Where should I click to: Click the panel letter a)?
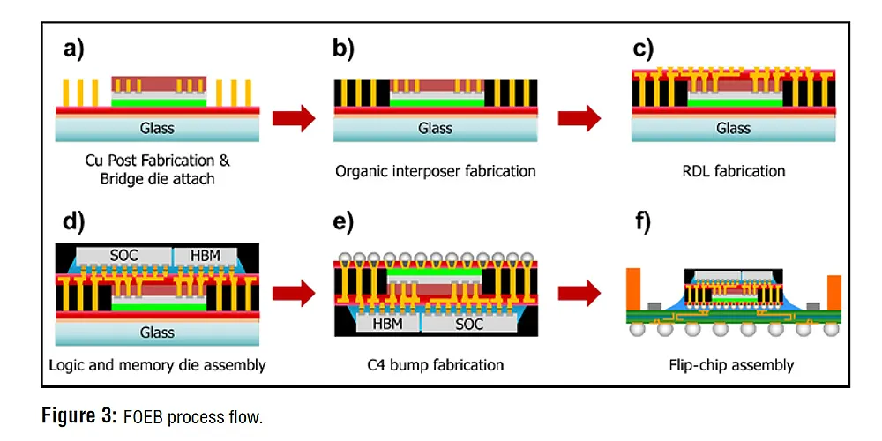74,49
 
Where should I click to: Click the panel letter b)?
343,49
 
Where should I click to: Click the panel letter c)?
643,49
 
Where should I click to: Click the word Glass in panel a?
158,128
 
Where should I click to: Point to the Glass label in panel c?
733,128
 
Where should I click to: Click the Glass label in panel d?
158,333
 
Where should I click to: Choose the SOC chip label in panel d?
124,255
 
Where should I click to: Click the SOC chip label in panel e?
468,325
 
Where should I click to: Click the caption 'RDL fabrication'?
733,170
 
